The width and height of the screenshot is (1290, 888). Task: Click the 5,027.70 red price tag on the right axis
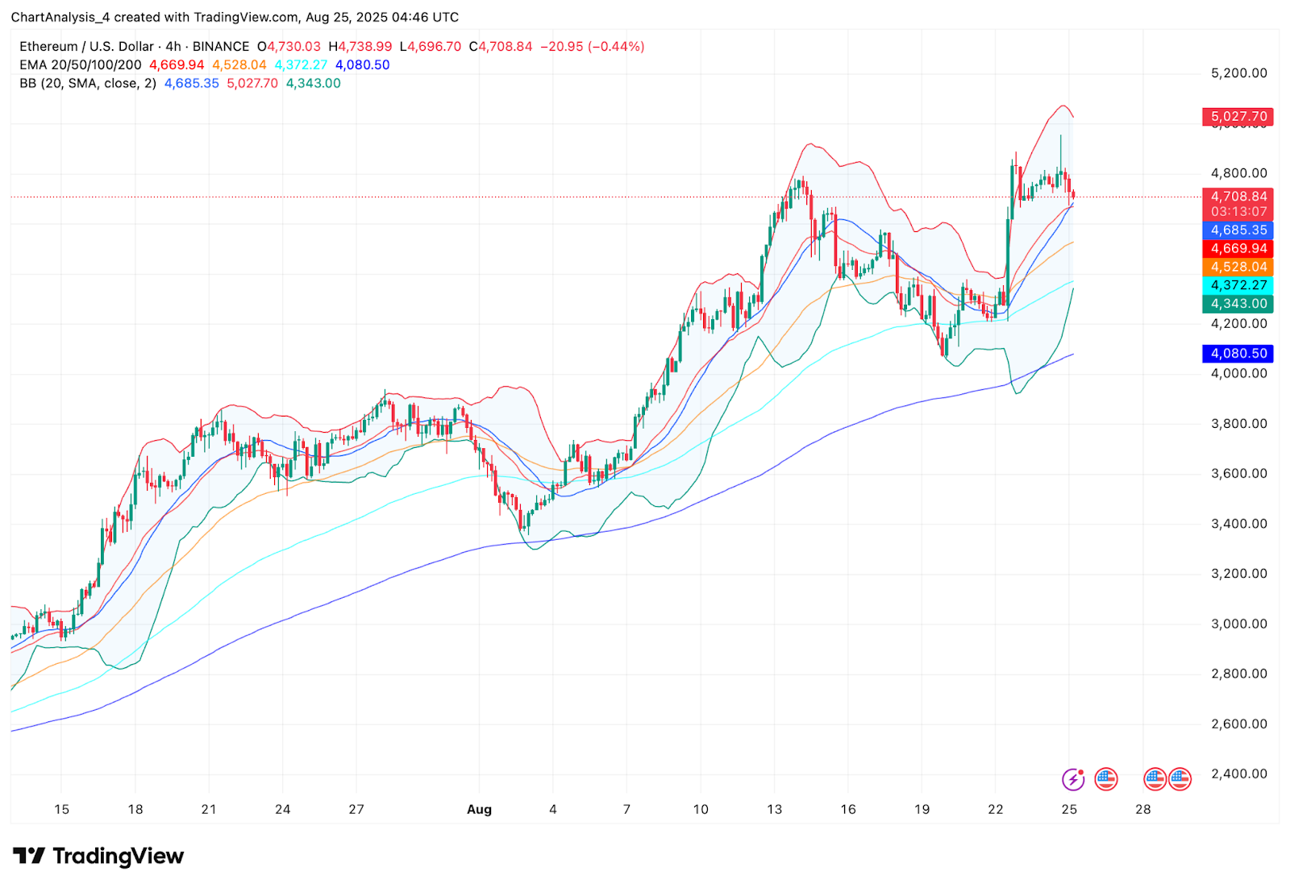(x=1238, y=117)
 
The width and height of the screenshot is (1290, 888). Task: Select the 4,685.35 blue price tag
(x=1238, y=230)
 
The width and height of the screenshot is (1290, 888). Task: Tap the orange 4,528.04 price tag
(x=1238, y=267)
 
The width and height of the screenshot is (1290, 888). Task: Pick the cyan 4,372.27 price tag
(x=1238, y=285)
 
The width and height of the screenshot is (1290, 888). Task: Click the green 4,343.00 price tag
(x=1238, y=304)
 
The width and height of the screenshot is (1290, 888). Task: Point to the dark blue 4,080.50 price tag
(x=1238, y=353)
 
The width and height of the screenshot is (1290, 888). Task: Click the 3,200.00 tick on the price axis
(x=1238, y=574)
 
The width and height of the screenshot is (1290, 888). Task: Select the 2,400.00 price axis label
(x=1238, y=774)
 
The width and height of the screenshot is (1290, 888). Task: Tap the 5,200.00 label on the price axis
(x=1238, y=73)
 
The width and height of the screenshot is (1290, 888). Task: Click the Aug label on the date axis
(x=479, y=809)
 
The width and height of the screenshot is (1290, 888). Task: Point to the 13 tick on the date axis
(x=774, y=809)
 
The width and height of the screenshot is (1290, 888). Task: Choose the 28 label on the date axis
(x=1142, y=809)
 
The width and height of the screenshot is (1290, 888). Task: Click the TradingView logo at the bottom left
(x=98, y=856)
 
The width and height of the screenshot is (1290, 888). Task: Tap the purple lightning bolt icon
(x=1073, y=779)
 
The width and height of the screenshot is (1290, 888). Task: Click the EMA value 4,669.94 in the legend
(x=177, y=65)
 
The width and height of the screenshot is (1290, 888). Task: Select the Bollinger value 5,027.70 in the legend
(x=252, y=84)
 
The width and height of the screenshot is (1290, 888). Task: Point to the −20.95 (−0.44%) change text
(x=592, y=47)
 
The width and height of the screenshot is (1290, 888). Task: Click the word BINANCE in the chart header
(x=221, y=47)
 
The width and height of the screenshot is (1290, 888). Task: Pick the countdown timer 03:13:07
(x=1238, y=212)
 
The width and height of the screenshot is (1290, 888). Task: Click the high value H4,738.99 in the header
(x=360, y=47)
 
